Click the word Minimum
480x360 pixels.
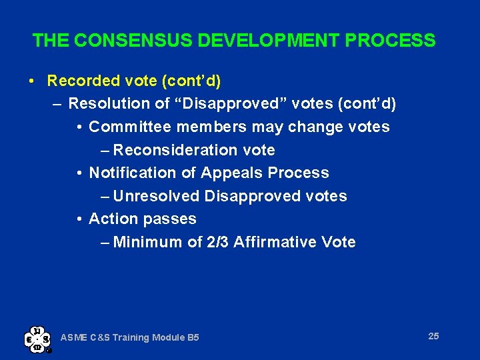147,242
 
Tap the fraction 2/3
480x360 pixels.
217,242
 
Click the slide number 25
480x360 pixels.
433,336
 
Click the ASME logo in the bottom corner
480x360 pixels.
37,338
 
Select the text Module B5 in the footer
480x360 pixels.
177,338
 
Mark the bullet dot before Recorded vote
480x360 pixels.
33,81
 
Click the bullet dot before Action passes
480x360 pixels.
79,219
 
